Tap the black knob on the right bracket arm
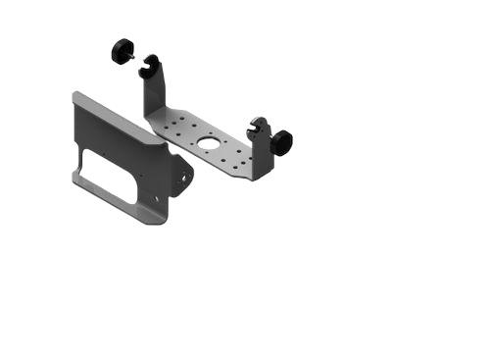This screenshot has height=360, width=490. click(283, 143)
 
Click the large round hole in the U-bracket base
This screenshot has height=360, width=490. click(210, 146)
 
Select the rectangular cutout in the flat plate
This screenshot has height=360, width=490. click(109, 175)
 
